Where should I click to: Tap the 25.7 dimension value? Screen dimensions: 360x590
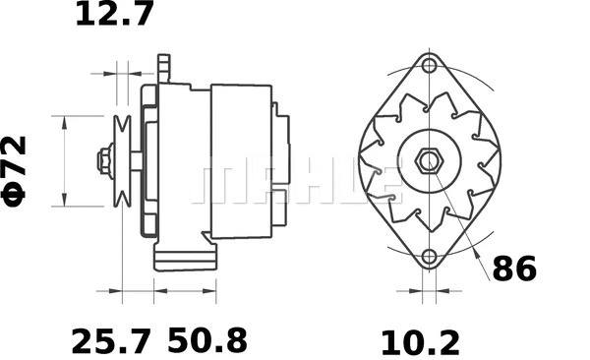tap(111, 341)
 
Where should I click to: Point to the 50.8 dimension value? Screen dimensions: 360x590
tap(206, 341)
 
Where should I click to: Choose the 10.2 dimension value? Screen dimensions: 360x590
tap(420, 341)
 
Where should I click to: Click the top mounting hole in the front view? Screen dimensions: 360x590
tap(429, 66)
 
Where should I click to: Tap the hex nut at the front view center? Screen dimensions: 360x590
tap(429, 161)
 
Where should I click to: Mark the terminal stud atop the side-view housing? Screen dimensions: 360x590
tap(164, 69)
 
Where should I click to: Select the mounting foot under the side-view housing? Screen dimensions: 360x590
tap(183, 259)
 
